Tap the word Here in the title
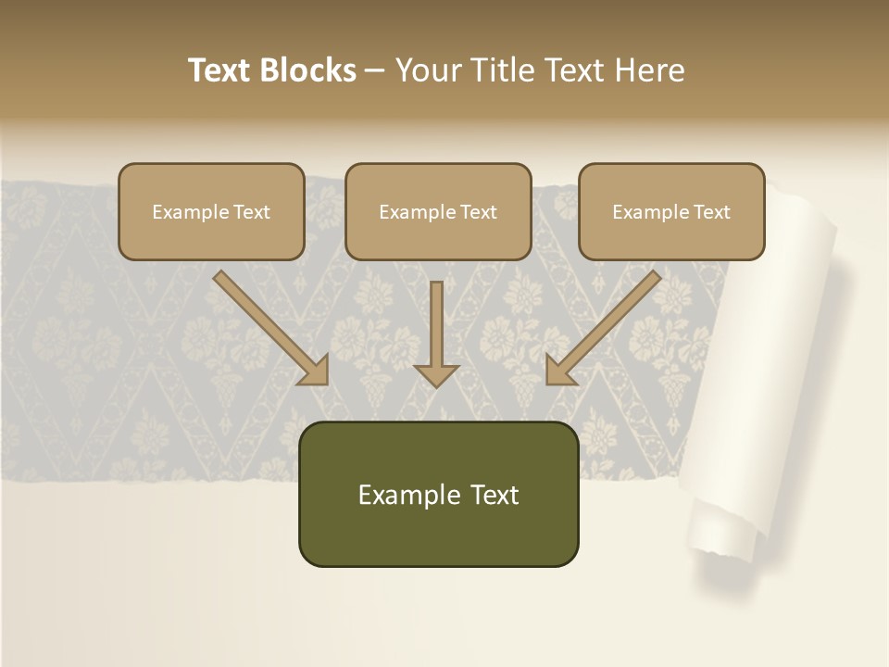pyautogui.click(x=649, y=70)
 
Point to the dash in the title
pyautogui.click(x=374, y=71)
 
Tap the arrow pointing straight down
pyautogui.click(x=436, y=329)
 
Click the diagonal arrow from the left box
pyautogui.click(x=269, y=326)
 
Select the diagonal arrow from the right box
pyautogui.click(x=605, y=326)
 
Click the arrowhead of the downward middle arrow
pyautogui.click(x=436, y=373)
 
